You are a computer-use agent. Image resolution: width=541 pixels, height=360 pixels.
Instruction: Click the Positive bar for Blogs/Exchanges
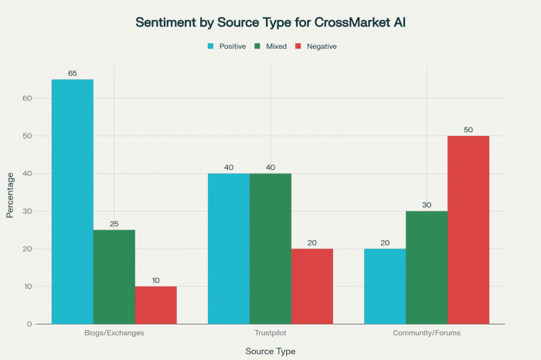click(x=73, y=201)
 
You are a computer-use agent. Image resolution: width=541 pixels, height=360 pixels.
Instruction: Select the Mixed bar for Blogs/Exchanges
click(x=114, y=277)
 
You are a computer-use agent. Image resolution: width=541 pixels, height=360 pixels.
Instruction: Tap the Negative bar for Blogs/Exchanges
click(x=155, y=304)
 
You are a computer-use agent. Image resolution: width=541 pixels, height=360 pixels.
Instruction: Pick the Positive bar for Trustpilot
click(x=229, y=248)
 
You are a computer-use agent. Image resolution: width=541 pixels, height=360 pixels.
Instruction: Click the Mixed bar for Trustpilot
click(x=270, y=248)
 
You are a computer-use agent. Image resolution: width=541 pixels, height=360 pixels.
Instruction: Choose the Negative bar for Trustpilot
click(x=311, y=286)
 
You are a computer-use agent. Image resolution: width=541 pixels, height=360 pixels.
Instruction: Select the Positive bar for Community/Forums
click(x=385, y=286)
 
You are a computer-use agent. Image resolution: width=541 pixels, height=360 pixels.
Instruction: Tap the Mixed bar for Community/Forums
click(x=427, y=267)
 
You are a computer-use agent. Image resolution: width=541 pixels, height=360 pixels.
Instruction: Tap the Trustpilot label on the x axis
click(x=270, y=335)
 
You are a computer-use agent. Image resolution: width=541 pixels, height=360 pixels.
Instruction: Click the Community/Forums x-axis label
click(x=427, y=335)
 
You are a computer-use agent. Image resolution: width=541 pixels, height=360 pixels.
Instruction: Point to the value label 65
click(x=73, y=73)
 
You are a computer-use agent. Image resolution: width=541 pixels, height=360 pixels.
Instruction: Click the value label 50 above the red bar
click(x=468, y=130)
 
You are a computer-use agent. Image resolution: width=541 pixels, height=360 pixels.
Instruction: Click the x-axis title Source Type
click(x=270, y=351)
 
